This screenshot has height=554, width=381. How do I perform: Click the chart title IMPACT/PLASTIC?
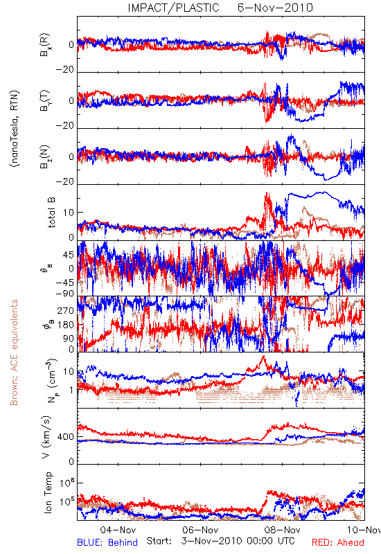pyautogui.click(x=173, y=8)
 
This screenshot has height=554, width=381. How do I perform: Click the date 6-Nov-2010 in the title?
pyautogui.click(x=275, y=8)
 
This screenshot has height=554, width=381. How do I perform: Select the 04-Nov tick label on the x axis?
pyautogui.click(x=118, y=530)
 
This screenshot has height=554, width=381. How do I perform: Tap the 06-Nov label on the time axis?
pyautogui.click(x=200, y=530)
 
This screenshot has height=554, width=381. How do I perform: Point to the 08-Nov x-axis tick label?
pyautogui.click(x=283, y=530)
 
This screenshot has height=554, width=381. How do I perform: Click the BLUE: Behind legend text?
pyautogui.click(x=107, y=542)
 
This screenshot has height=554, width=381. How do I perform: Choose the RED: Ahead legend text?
pyautogui.click(x=338, y=542)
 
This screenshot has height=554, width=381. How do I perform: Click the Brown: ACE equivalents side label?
pyautogui.click(x=14, y=352)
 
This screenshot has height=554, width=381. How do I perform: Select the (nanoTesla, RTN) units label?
pyautogui.click(x=15, y=129)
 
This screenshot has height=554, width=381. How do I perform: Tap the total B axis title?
pyautogui.click(x=51, y=213)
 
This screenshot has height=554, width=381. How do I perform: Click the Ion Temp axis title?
pyautogui.click(x=48, y=492)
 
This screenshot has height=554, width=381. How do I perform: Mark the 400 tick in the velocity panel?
pyautogui.click(x=66, y=437)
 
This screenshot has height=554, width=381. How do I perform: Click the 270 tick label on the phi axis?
pyautogui.click(x=66, y=310)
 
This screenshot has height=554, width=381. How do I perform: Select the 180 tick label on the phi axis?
pyautogui.click(x=66, y=325)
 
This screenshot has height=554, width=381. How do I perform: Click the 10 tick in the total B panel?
pyautogui.click(x=69, y=213)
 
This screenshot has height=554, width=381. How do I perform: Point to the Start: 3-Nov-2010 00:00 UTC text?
pyautogui.click(x=220, y=541)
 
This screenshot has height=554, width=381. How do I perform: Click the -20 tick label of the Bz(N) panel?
pyautogui.click(x=64, y=181)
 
